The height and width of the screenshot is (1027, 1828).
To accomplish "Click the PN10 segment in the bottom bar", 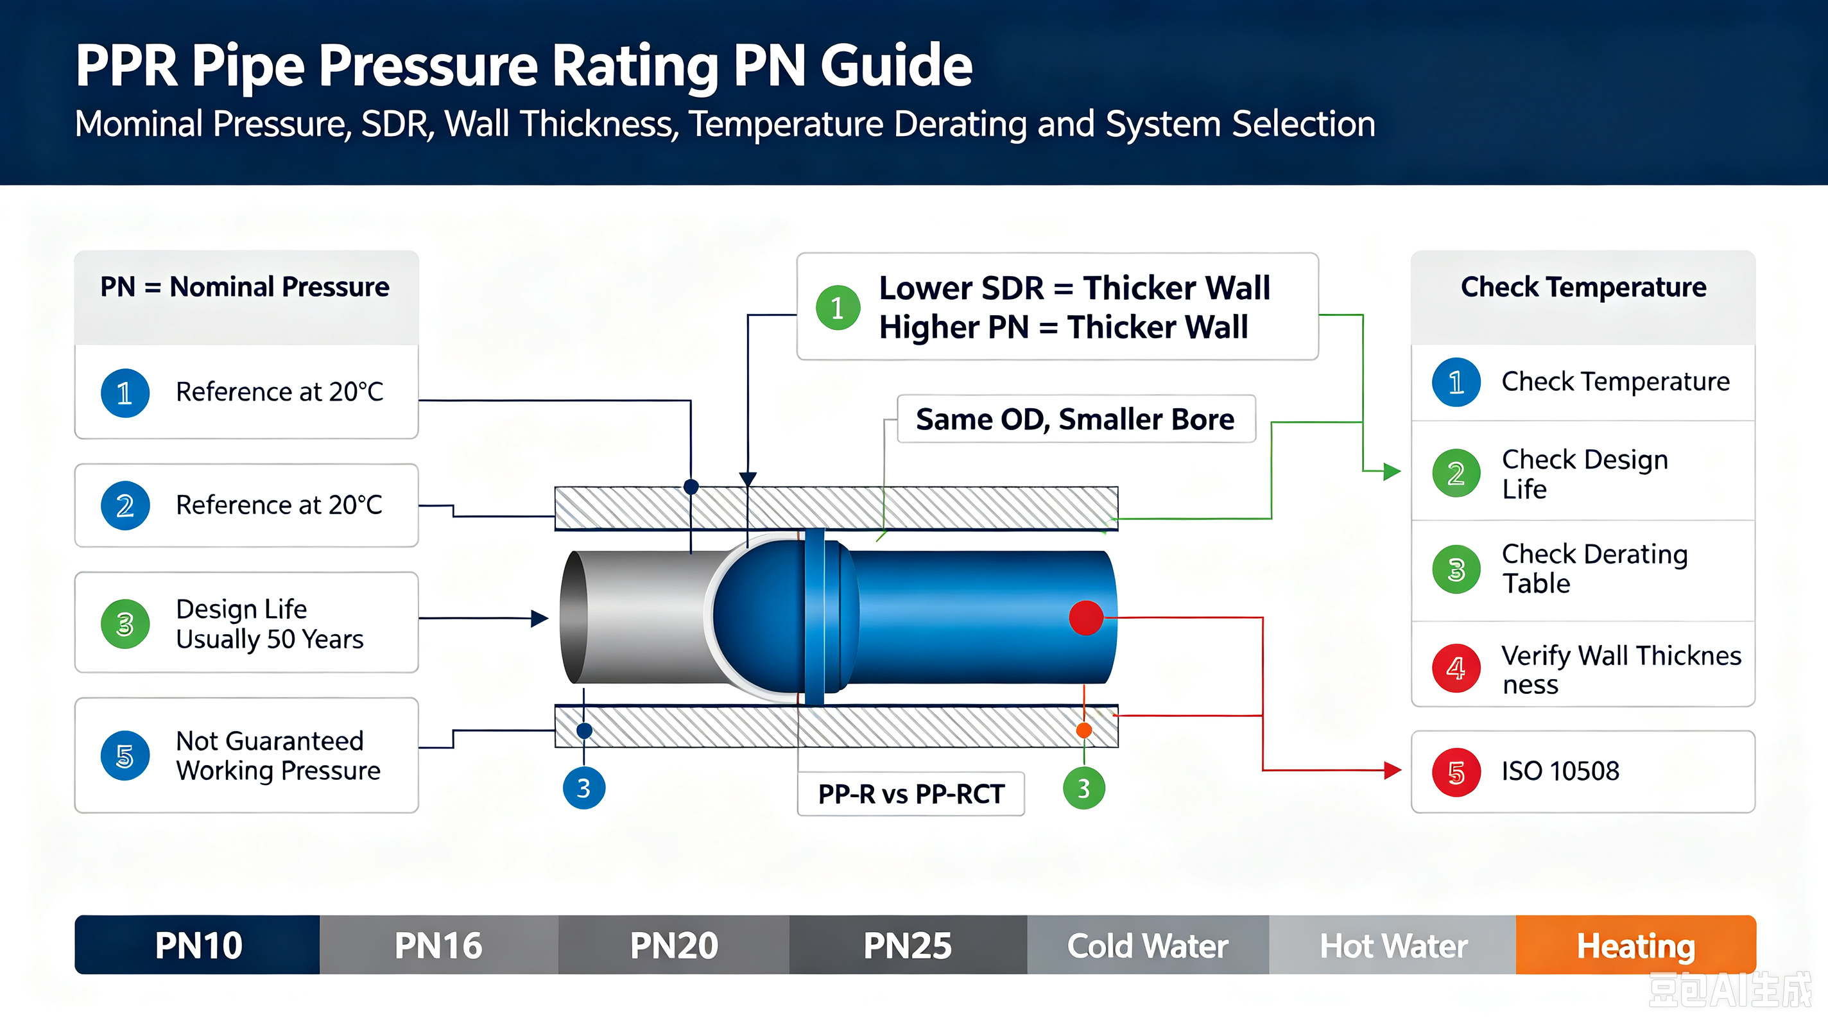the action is click(198, 945).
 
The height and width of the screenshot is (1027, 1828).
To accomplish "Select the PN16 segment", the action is click(438, 945).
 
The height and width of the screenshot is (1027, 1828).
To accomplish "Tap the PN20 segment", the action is click(673, 945).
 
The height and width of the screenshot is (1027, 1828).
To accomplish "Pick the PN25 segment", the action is click(908, 945).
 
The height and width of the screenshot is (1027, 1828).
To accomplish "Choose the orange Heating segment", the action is click(1635, 945).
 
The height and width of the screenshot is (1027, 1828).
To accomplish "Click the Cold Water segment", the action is click(1148, 945).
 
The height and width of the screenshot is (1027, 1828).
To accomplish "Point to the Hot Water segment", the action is click(1393, 945).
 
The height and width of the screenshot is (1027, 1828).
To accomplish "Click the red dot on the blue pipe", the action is click(1086, 617).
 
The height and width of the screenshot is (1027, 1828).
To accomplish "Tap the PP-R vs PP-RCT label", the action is click(911, 794).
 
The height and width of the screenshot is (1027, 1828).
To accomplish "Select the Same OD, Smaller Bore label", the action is click(1076, 419).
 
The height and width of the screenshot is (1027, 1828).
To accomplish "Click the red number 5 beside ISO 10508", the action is click(1456, 772).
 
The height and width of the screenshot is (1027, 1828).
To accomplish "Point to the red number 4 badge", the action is click(1456, 668).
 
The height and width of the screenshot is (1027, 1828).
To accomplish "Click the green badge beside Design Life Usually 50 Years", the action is click(125, 625).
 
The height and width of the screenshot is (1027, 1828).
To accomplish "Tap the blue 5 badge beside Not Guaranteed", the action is click(125, 756).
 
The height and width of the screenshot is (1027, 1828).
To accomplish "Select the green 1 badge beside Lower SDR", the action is click(838, 308).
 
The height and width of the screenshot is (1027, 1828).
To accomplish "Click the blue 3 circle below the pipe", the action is click(584, 788).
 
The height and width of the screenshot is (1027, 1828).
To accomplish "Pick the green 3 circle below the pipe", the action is click(1084, 788).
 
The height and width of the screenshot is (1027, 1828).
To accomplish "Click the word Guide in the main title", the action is click(896, 66).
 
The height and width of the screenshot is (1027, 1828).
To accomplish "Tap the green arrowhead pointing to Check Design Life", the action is click(1392, 471).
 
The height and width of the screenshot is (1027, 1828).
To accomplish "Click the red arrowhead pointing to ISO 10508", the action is click(1393, 770).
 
